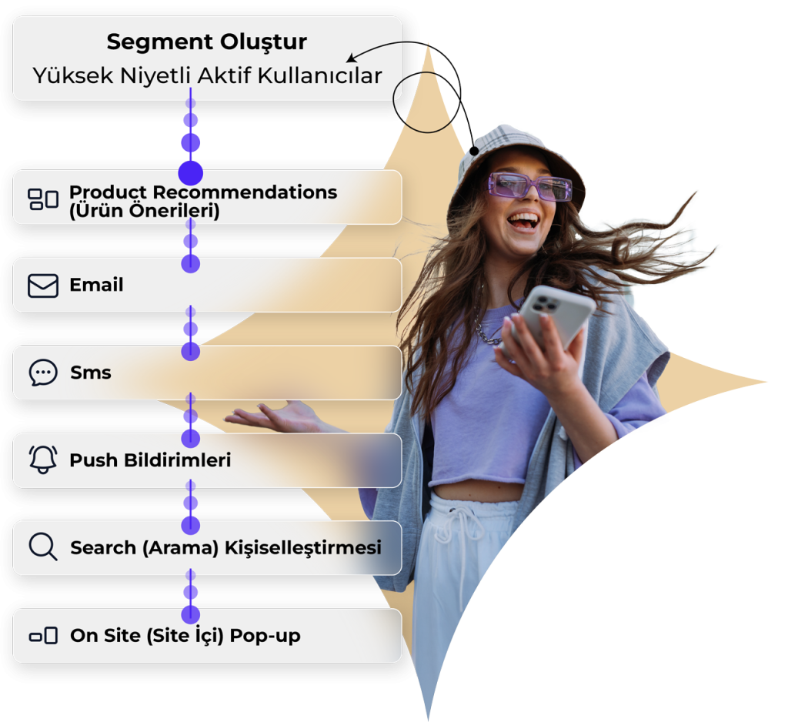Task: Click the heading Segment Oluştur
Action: (206, 42)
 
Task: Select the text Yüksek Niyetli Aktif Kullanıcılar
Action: (207, 76)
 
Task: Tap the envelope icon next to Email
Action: (43, 286)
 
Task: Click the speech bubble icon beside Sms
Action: (43, 373)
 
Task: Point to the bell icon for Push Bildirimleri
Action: (43, 460)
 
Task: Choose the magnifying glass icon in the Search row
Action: (43, 547)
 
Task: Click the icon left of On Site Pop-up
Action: (43, 636)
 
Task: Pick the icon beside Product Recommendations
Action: (43, 199)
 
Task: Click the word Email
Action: (96, 286)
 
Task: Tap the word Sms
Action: (91, 373)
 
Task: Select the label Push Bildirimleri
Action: (150, 460)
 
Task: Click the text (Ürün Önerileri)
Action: (144, 211)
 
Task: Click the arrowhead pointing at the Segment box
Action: (351, 59)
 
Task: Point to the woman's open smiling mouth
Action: (525, 222)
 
